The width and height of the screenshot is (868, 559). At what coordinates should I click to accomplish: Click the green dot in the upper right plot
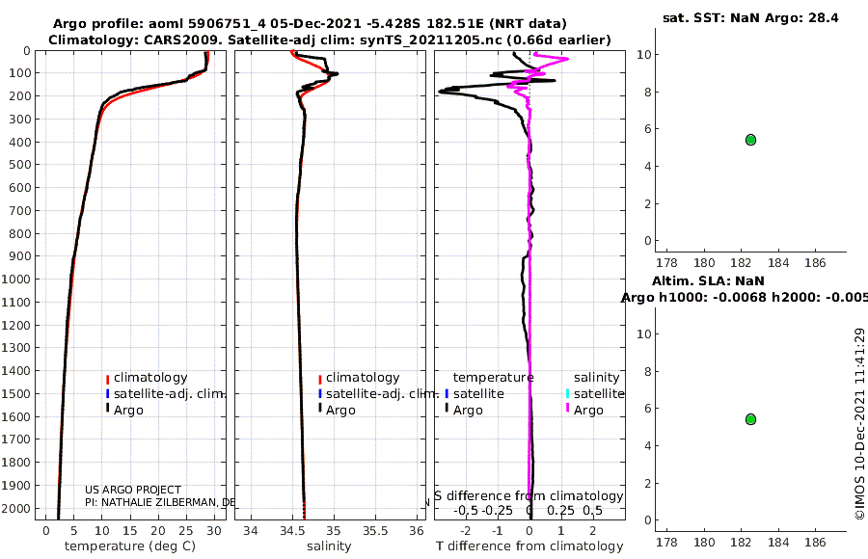(750, 140)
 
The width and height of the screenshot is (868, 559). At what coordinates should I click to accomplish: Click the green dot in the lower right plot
(750, 419)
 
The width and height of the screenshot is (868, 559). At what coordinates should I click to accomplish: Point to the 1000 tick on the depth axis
(20, 279)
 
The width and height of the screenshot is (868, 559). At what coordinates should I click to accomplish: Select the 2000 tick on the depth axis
(20, 509)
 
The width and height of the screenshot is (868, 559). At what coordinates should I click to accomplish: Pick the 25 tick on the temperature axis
(185, 531)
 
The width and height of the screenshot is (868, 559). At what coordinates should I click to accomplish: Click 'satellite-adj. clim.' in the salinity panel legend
(382, 394)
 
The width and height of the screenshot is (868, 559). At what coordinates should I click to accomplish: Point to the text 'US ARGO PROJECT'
(133, 490)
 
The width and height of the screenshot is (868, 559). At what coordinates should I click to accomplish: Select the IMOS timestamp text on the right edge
(858, 424)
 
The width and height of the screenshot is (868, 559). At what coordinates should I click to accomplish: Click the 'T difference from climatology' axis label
(529, 546)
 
